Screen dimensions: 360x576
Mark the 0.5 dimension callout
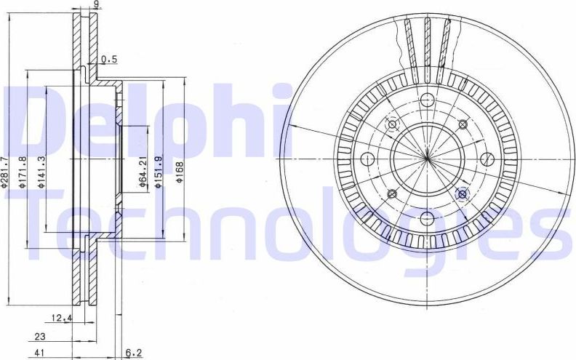(109, 59)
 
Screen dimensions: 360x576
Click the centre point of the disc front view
(427, 158)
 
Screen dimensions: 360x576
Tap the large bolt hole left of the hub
(367, 159)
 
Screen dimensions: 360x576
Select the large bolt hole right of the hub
(486, 159)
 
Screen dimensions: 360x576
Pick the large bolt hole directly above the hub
(427, 100)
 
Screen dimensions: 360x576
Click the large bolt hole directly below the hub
(427, 217)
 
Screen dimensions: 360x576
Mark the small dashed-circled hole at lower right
(461, 193)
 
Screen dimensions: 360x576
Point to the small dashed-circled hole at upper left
(393, 124)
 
